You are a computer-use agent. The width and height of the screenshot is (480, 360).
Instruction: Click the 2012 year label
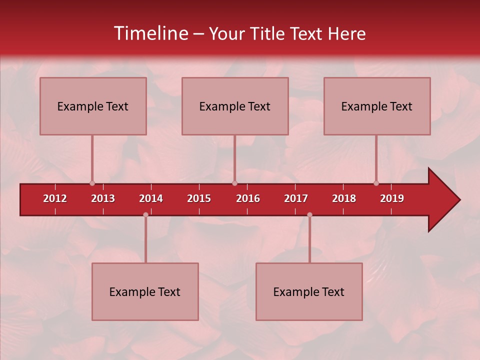(55, 198)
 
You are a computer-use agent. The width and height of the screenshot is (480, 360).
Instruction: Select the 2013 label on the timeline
(103, 198)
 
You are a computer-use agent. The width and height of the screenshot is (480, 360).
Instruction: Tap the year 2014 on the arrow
(151, 198)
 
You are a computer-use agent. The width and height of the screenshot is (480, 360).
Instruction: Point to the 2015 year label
(199, 198)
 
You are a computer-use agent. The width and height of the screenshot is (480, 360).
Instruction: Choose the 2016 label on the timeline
(248, 198)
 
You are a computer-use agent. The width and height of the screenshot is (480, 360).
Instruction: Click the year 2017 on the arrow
(296, 198)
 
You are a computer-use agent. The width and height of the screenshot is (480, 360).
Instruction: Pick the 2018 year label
(344, 198)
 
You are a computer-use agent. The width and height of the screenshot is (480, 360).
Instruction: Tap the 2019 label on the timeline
(392, 198)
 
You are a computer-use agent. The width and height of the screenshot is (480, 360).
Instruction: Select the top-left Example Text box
(93, 106)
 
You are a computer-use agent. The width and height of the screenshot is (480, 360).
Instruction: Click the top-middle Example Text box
(235, 106)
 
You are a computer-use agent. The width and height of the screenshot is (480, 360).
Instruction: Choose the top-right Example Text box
(377, 106)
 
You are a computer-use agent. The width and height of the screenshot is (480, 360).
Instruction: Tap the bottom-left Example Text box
(145, 292)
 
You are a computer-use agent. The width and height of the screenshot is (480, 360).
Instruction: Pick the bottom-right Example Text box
(309, 292)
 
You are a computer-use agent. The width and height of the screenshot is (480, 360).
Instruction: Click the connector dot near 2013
(92, 183)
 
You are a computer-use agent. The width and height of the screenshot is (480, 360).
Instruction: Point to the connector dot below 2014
(145, 215)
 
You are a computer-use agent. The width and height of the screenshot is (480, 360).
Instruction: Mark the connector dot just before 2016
(235, 183)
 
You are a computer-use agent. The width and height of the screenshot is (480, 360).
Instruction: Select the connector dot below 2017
(309, 215)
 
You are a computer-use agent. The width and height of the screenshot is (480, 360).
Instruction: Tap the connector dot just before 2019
(376, 183)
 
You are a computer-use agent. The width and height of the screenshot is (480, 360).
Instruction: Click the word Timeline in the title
(150, 33)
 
